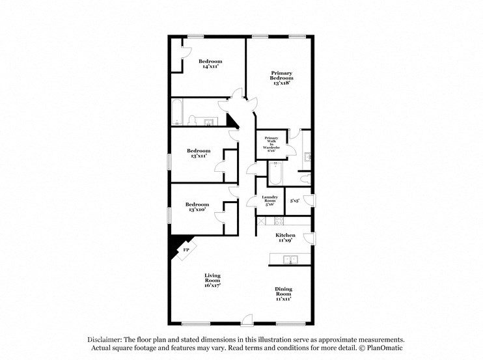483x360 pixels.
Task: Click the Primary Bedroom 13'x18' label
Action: [x=281, y=78]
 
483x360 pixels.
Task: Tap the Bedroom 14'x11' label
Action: [x=210, y=63]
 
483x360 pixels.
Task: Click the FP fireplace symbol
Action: [x=186, y=249]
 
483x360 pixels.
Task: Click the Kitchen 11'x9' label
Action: [x=285, y=238]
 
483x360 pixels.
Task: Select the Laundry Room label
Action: [x=270, y=200]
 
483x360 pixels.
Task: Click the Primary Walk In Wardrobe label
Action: [x=271, y=144]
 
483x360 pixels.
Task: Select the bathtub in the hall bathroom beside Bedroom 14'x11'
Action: [x=177, y=113]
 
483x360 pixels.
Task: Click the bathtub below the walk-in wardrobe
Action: [x=274, y=174]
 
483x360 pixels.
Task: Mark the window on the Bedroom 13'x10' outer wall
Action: [x=169, y=214]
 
